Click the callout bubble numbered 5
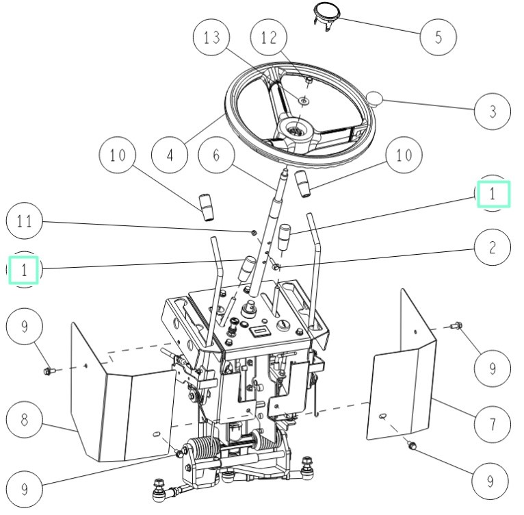437,36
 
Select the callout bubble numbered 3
491,110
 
